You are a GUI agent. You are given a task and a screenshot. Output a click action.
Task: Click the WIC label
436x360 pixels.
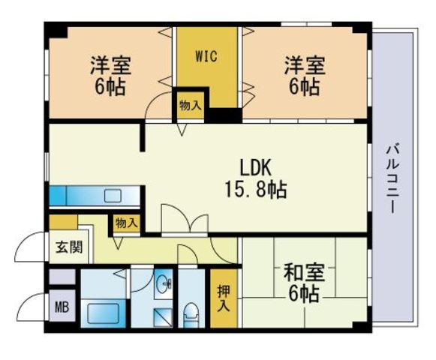coord(206,57)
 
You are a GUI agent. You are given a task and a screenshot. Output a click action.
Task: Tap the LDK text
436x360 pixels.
coord(255,168)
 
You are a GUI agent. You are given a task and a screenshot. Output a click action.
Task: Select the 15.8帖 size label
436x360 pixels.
coord(256,190)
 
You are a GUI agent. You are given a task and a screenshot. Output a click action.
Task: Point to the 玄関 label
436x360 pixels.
coord(69,247)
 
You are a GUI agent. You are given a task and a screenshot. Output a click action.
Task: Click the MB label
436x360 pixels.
coord(62,307)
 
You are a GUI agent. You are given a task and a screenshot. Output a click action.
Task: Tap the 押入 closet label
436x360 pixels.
coord(224,298)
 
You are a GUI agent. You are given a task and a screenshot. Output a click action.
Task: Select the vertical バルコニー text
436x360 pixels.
coord(392,178)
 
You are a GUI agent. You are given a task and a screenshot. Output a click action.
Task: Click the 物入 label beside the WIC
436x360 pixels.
coord(190,106)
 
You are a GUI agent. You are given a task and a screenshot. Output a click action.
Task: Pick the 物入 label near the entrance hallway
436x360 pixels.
coord(127,223)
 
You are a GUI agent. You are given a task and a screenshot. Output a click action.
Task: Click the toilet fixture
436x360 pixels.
coord(191,314)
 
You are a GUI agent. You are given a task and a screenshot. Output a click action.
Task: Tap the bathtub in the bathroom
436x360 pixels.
coord(103,313)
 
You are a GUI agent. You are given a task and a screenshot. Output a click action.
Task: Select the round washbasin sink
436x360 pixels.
coord(164,283)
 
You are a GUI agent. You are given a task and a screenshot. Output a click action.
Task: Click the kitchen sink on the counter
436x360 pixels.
coord(113,196)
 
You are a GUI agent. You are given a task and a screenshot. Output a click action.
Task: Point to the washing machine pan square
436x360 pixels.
coord(163,317)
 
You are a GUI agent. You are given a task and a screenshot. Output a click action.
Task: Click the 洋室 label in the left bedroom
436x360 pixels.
coord(110,65)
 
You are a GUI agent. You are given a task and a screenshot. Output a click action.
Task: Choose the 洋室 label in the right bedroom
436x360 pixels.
coord(305,65)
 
